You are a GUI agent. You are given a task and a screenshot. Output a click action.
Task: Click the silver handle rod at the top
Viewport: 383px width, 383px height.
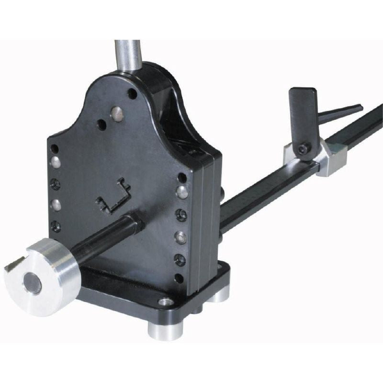[x=127, y=55]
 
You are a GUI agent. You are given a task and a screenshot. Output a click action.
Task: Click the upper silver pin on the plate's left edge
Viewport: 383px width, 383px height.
[x=56, y=163]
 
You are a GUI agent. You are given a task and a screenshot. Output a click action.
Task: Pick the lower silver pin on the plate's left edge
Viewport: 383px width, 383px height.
[x=56, y=205]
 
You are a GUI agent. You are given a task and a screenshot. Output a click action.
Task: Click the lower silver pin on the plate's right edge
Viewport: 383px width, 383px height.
[x=181, y=237]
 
